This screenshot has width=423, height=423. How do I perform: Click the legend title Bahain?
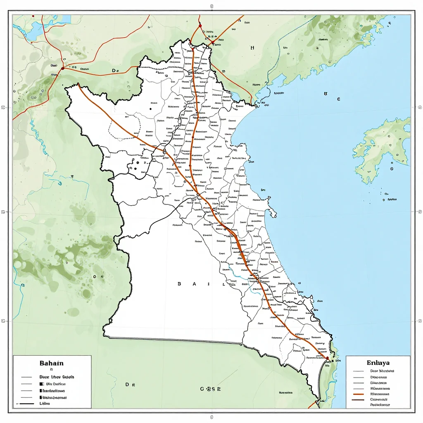(52, 363)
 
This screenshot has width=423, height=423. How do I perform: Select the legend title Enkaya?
(378, 363)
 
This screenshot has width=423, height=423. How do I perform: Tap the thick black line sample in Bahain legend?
(26, 403)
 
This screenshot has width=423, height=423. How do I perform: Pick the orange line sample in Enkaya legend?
(358, 394)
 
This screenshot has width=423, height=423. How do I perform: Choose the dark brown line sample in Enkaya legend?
(358, 400)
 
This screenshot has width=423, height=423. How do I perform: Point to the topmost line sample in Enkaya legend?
(358, 371)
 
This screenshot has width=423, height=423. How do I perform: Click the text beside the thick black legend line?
(44, 403)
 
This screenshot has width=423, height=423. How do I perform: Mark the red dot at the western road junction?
(62, 68)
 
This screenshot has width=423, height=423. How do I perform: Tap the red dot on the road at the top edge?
(200, 26)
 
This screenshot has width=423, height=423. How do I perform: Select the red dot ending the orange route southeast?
(327, 358)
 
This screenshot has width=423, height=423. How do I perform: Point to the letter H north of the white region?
(252, 48)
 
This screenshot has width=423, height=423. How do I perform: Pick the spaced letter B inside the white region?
(179, 284)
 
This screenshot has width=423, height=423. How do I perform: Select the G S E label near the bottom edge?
(210, 389)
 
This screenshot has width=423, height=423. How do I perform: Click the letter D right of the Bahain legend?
(127, 385)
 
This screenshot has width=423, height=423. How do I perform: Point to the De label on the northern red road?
(115, 71)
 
